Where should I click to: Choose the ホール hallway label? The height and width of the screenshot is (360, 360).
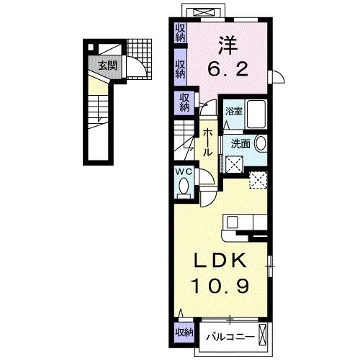point(207,141)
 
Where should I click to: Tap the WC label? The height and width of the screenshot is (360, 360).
point(183,172)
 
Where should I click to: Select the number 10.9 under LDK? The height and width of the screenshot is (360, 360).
point(222,287)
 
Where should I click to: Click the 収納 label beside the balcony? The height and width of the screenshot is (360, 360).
point(184,332)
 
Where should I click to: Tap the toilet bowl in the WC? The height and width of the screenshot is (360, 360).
point(183,186)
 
